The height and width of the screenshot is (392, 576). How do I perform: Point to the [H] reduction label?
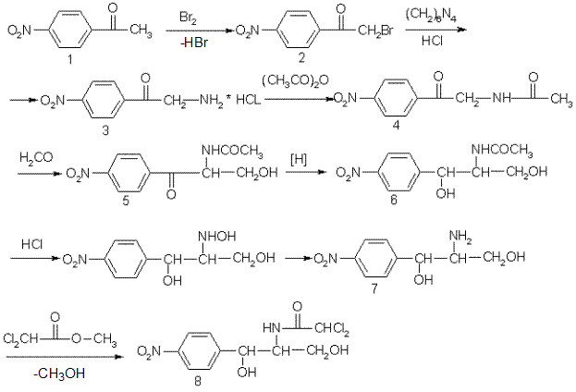[299, 160]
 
